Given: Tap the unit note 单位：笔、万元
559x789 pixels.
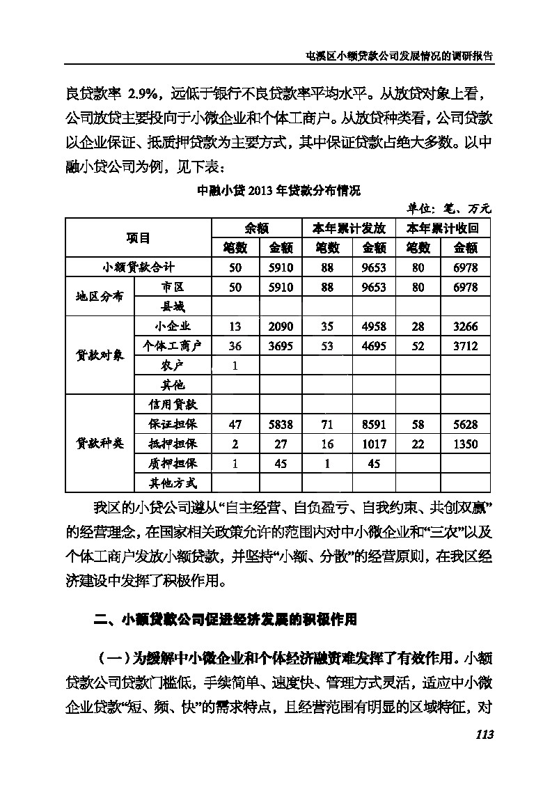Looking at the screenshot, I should pyautogui.click(x=450, y=208).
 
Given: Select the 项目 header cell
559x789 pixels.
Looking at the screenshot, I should pyautogui.click(x=138, y=237).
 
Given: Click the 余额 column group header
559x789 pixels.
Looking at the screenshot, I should pyautogui.click(x=258, y=228).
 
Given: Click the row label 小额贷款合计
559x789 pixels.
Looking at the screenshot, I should pyautogui.click(x=138, y=267).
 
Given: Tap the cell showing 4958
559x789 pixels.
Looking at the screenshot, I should pyautogui.click(x=375, y=326).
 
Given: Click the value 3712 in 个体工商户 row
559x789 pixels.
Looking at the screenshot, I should pyautogui.click(x=466, y=345).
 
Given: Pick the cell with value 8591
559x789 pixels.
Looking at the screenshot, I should pyautogui.click(x=375, y=423).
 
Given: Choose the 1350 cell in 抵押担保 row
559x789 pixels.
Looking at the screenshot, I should pyautogui.click(x=466, y=443).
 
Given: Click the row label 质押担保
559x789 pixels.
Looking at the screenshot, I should pyautogui.click(x=172, y=462).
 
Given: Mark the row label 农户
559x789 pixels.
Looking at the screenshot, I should pyautogui.click(x=172, y=365).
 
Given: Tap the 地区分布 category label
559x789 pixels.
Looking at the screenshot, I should pyautogui.click(x=99, y=296).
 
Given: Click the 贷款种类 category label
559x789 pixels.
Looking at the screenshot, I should pyautogui.click(x=99, y=443).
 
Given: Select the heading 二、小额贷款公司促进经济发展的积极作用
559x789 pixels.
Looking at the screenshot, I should pyautogui.click(x=225, y=618).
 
